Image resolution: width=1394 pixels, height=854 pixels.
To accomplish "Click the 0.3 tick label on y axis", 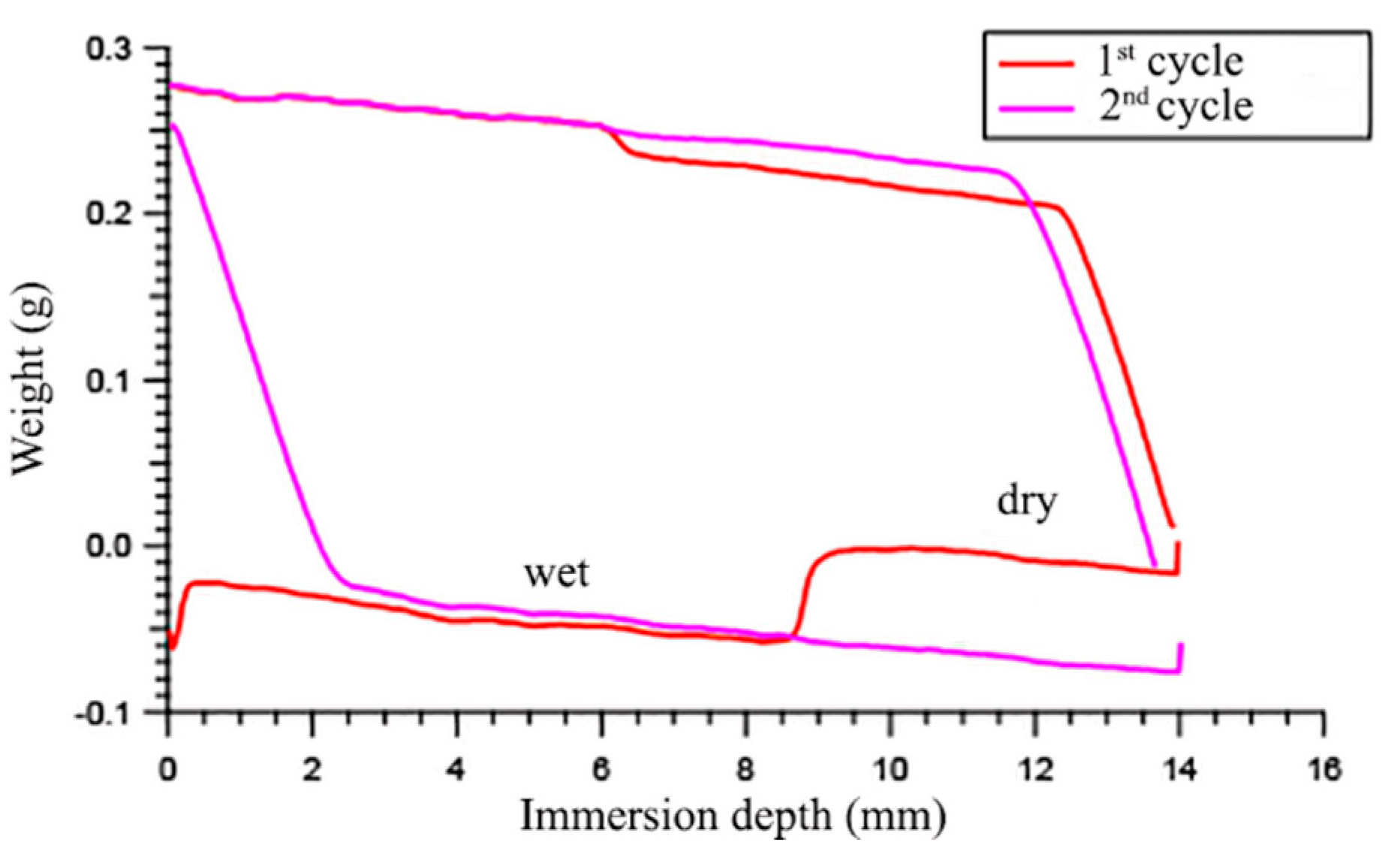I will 109,50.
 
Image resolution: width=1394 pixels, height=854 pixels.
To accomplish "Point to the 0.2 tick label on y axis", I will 109,214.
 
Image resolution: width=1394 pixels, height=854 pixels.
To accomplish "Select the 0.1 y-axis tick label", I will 109,381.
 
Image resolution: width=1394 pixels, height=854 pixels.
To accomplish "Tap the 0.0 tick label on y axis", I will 109,546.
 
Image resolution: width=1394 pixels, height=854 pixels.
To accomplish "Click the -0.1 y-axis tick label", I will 103,712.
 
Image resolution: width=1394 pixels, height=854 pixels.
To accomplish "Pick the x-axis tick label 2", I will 313,770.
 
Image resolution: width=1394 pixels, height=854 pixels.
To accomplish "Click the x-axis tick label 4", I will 456,770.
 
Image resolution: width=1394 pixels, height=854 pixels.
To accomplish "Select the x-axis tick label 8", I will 745,770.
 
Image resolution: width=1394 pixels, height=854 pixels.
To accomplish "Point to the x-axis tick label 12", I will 1034,770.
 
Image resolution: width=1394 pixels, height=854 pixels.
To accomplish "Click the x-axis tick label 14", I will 1179,770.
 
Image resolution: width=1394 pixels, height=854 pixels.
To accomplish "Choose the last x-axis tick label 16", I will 1323,770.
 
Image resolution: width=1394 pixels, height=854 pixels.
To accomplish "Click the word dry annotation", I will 1027,501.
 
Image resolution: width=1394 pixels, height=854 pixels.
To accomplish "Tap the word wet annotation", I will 556,573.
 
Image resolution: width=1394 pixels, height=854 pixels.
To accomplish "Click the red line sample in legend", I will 1036,65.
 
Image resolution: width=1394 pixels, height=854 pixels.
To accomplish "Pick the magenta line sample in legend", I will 1036,109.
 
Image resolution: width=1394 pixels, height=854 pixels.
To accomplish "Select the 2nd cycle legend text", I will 1176,107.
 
